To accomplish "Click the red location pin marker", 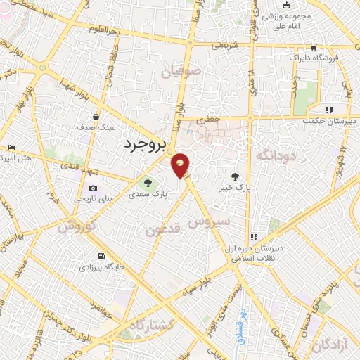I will [x=181, y=165].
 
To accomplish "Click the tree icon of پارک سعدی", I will [x=148, y=185].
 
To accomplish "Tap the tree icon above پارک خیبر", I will [x=235, y=176].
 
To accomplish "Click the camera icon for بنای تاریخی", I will [x=93, y=188].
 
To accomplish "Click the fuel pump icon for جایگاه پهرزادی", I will [x=104, y=257].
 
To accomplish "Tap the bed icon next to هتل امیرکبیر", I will [x=10, y=148].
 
